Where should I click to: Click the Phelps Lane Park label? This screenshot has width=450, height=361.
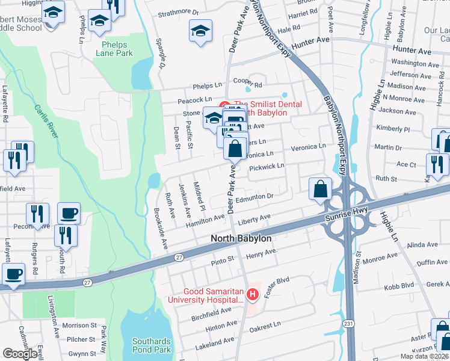[x=114, y=48]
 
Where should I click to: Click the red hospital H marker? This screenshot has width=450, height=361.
[x=253, y=295]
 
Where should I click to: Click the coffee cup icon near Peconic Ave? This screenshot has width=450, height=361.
[x=69, y=212]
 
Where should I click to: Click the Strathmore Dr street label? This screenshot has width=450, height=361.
[x=178, y=12]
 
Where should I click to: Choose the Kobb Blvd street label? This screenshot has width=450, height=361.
[x=399, y=285]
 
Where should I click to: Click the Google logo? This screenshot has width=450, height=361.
[x=20, y=354]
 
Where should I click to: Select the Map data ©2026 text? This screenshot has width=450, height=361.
[x=424, y=356]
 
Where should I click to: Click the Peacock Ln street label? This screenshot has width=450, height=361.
[x=194, y=99]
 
